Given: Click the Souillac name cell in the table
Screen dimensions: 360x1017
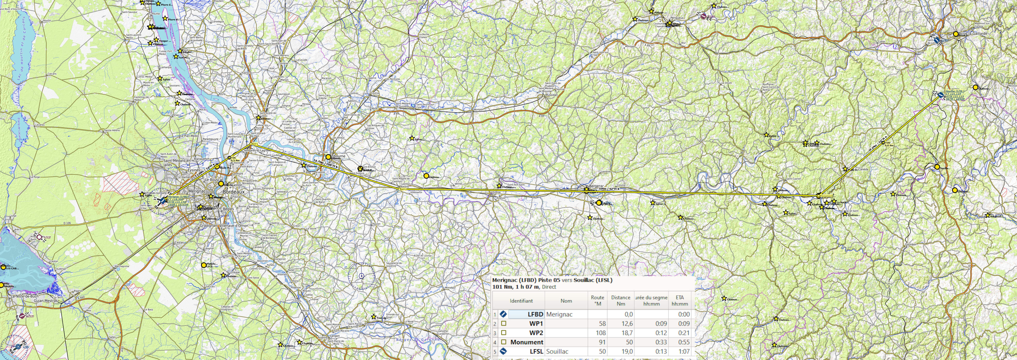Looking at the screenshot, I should [557, 351].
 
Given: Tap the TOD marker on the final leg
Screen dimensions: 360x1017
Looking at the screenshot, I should [883, 142].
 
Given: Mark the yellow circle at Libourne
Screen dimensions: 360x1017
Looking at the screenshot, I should [328, 157].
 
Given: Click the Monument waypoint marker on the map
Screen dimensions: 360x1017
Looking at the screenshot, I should [819, 195].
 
